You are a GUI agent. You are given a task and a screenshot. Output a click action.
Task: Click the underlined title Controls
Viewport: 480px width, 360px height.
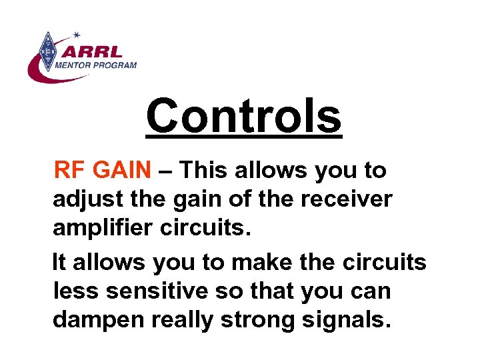243,115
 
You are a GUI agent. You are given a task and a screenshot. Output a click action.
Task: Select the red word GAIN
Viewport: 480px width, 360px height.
123,171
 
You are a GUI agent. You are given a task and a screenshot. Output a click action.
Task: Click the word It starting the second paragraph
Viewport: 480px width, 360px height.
59,263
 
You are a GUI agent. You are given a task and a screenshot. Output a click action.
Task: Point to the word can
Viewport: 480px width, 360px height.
372,292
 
